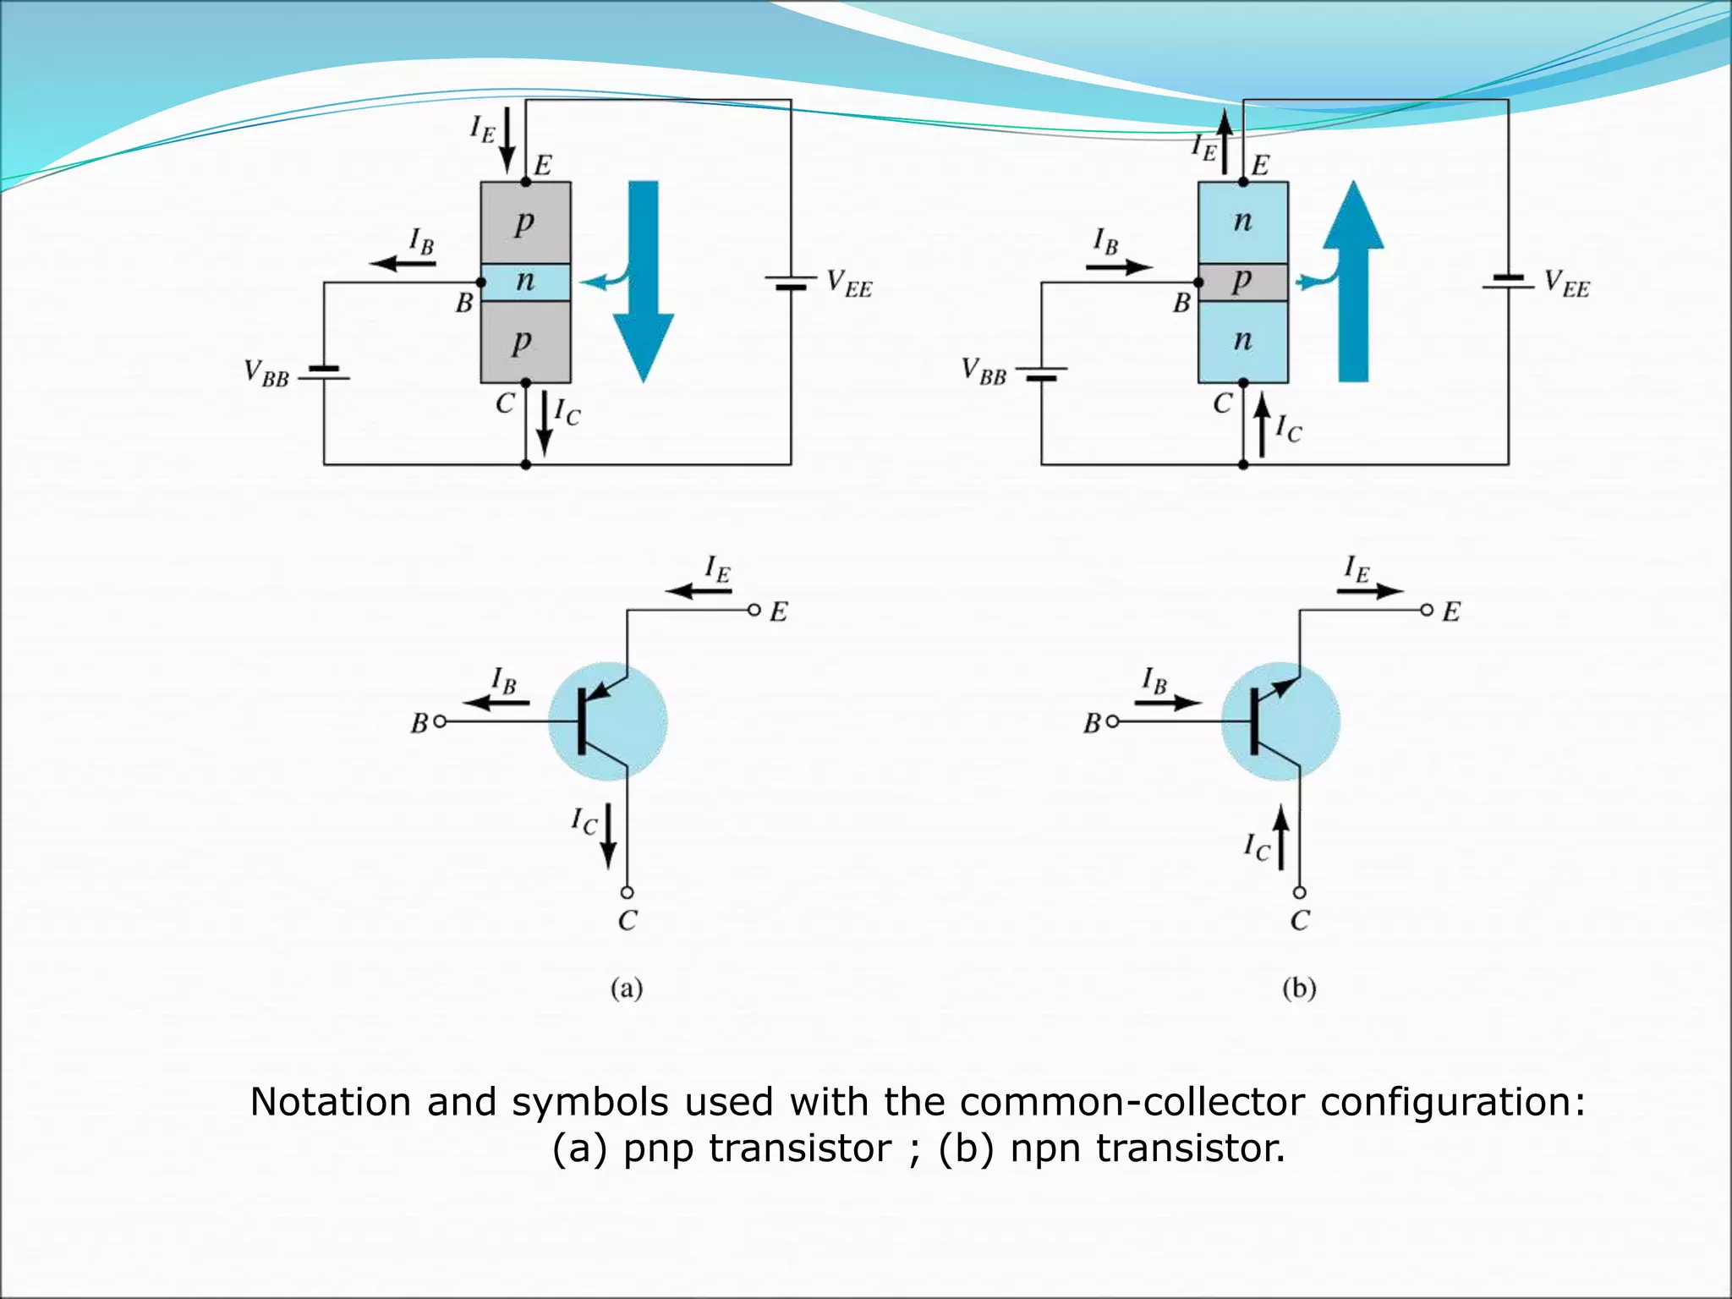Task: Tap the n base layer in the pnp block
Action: pos(525,282)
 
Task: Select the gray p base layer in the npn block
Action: pos(1242,282)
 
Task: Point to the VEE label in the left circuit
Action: pos(849,283)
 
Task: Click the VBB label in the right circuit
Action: pos(984,371)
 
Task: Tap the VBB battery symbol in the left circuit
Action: pos(324,373)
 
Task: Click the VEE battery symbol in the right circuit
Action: pos(1508,282)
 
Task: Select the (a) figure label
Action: pos(627,988)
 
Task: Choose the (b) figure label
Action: pos(1299,988)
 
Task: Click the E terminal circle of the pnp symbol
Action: pos(754,610)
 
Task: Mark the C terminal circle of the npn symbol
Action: pos(1300,892)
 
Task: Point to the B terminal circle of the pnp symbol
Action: pos(439,721)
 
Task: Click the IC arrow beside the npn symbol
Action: pos(1281,837)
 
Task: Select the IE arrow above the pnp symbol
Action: pos(699,590)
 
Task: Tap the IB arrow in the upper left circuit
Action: pos(403,263)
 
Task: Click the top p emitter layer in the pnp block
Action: pos(525,222)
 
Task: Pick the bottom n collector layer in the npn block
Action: pos(1242,341)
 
